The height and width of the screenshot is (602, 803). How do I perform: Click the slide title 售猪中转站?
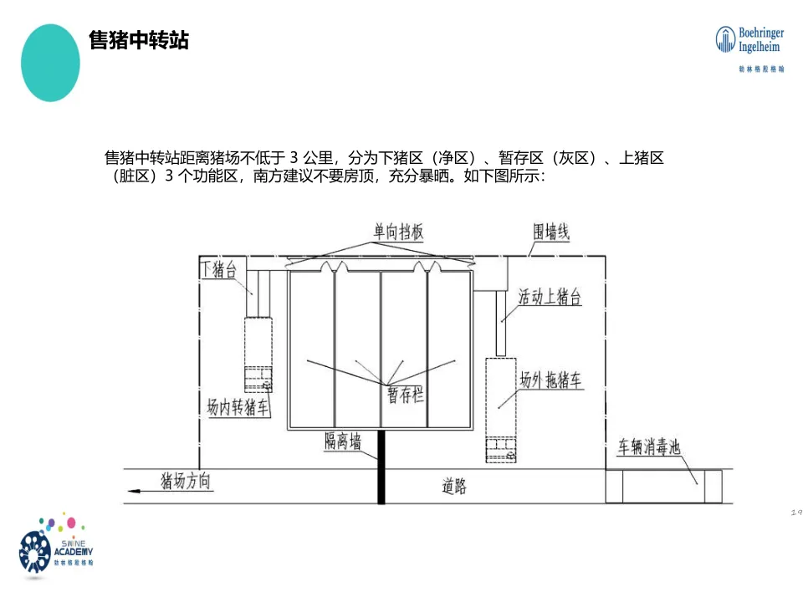[x=139, y=40]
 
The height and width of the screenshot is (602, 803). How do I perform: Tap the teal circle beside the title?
[x=50, y=63]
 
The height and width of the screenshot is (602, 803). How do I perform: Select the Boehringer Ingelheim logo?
[x=750, y=48]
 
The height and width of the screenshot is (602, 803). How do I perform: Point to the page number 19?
[x=795, y=513]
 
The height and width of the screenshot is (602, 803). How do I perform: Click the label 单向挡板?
[x=399, y=232]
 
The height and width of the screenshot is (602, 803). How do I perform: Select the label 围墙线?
[x=551, y=232]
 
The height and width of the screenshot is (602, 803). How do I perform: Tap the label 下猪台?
[x=218, y=269]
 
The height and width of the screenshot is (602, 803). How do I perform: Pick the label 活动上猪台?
[x=550, y=297]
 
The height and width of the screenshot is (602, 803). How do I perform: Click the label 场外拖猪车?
[x=551, y=380]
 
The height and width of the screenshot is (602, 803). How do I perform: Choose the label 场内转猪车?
[x=238, y=407]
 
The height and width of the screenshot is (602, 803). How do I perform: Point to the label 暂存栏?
[x=405, y=395]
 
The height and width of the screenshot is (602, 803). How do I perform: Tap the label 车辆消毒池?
[x=649, y=447]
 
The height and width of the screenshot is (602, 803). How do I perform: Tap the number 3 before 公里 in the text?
[x=294, y=157]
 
